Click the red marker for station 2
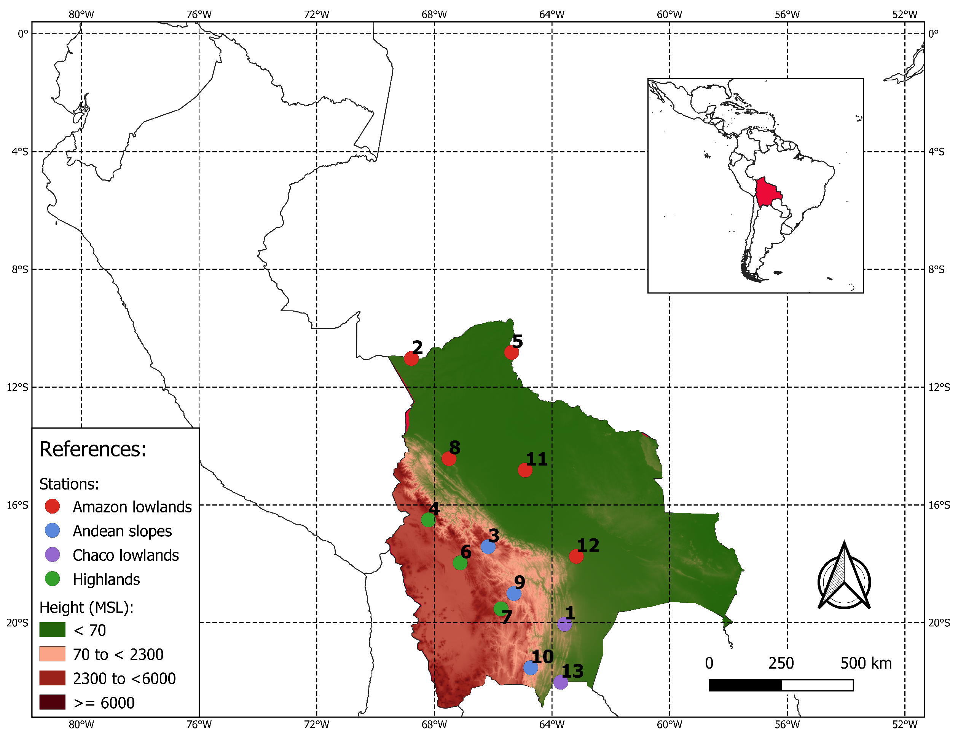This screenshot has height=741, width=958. (411, 358)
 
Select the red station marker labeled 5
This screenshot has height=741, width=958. (511, 352)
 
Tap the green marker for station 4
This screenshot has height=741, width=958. (428, 520)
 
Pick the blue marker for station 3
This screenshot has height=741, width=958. (488, 547)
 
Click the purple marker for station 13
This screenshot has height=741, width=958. (561, 682)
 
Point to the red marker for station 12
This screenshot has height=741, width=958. (576, 556)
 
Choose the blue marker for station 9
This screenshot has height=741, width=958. (514, 594)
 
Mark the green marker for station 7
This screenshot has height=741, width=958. (501, 608)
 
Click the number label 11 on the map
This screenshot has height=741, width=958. (536, 459)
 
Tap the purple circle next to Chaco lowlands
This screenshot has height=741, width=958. (53, 554)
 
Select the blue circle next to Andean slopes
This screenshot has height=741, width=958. (53, 530)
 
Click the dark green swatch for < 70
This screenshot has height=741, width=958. (53, 629)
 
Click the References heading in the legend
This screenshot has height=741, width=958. (93, 449)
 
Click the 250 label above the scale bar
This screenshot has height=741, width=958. (781, 663)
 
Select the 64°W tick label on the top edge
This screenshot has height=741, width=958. (552, 14)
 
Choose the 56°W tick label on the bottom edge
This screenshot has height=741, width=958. (787, 725)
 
